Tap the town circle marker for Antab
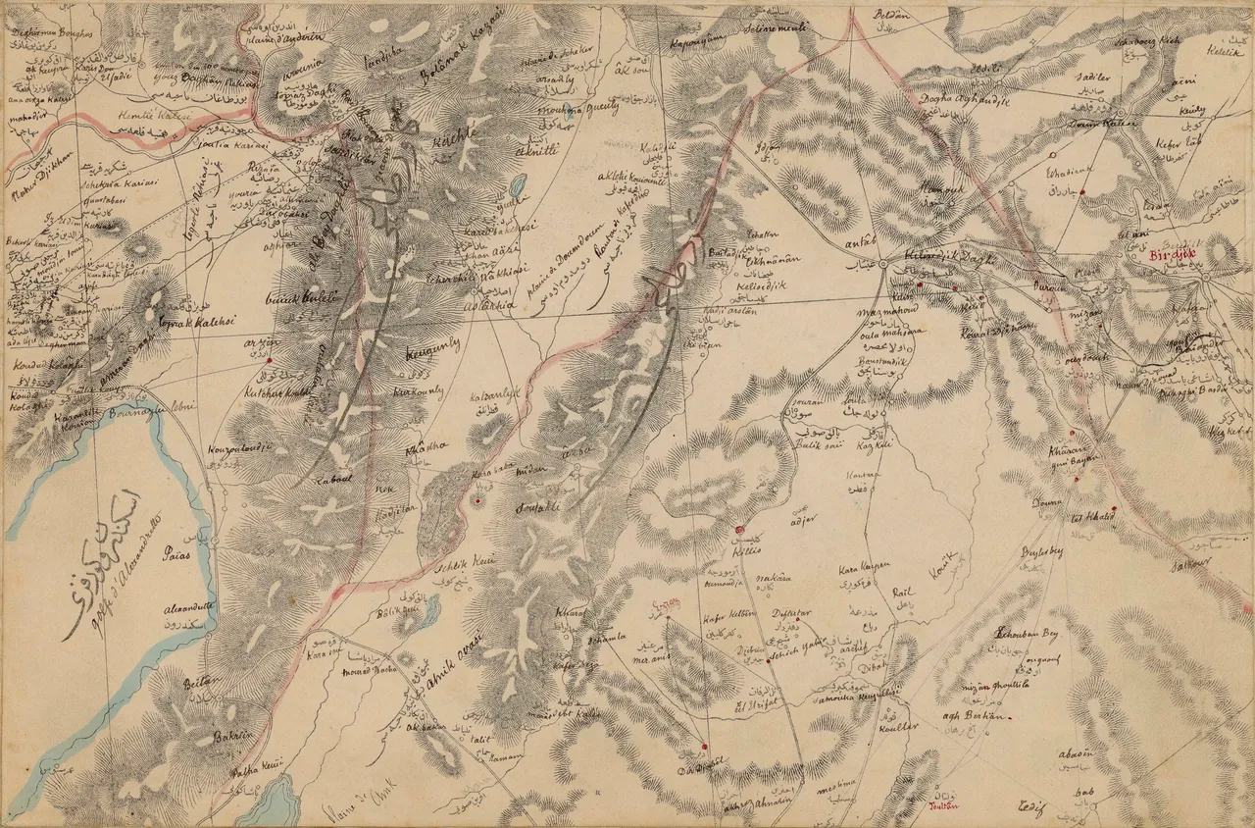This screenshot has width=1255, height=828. tap(883, 265)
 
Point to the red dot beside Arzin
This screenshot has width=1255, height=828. tap(269, 360)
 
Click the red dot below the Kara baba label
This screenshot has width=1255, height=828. tap(477, 501)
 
